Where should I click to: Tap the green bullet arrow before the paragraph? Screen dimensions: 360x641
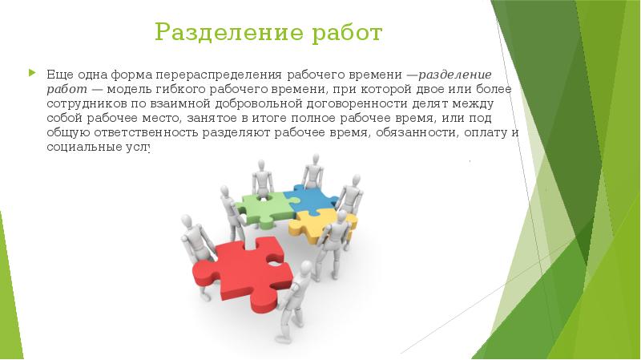(32, 72)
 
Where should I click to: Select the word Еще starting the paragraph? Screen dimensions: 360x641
(55, 73)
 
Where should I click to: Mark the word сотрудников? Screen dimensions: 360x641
(79, 103)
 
